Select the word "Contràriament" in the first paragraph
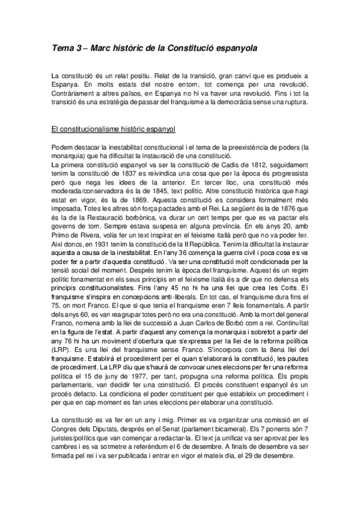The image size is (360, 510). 76,94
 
